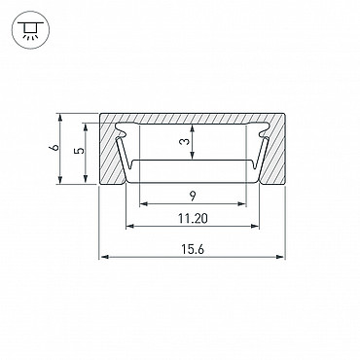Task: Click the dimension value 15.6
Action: [x=193, y=249]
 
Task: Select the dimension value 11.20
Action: [x=193, y=219]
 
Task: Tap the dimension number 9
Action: [x=193, y=197]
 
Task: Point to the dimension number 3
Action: [x=184, y=142]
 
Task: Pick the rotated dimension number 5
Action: [x=79, y=151]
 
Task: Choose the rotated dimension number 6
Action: [x=54, y=148]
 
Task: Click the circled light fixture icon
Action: [x=30, y=30]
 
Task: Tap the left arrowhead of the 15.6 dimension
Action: [x=104, y=257]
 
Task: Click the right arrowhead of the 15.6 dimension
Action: [x=280, y=257]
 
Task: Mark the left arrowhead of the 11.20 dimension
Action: [x=130, y=226]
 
